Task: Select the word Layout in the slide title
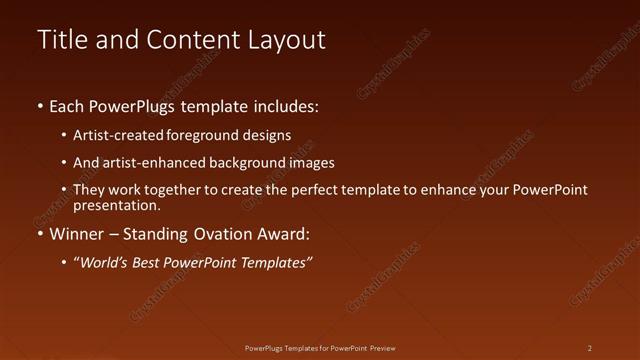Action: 286,40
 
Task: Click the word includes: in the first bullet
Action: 289,105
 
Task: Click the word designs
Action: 267,135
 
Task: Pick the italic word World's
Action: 104,263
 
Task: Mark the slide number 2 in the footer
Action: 589,348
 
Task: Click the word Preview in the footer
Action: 383,348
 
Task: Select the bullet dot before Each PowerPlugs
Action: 40,106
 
